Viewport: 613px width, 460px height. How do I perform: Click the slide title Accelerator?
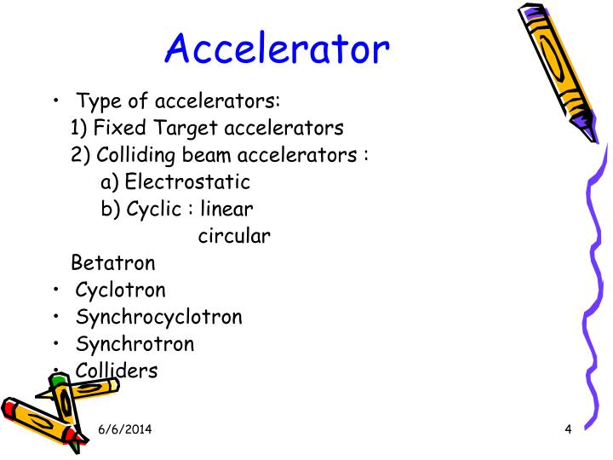277,49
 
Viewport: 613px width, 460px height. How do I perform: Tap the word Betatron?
114,262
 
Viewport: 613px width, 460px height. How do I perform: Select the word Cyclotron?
121,290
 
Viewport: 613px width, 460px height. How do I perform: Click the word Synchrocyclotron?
159,317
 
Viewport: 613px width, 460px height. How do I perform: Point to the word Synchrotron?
135,344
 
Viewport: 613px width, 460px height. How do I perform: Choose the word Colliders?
117,371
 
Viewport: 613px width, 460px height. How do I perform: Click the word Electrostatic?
187,181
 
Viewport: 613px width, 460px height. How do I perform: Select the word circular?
235,236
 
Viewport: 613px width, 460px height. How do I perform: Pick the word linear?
227,209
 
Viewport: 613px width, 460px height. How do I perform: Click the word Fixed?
113,128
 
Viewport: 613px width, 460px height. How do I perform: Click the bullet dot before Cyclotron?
55,290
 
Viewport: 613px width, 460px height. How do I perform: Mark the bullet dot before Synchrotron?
55,344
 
